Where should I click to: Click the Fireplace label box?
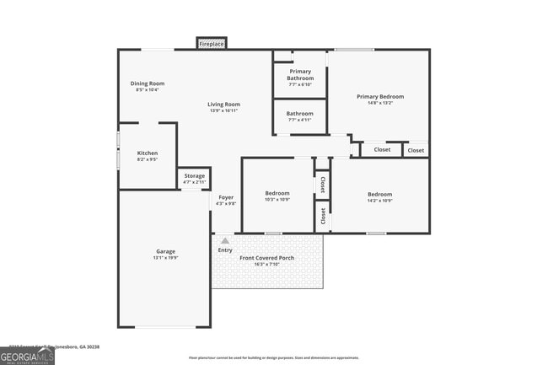[x=212, y=43]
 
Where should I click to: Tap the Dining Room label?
[x=148, y=83]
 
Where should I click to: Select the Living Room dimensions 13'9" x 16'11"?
[x=224, y=110]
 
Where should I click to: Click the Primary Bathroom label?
[x=300, y=75]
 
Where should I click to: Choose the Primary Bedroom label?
[x=379, y=97]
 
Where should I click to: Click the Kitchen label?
[x=148, y=153]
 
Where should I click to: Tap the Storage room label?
[x=194, y=175]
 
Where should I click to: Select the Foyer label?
[x=226, y=197]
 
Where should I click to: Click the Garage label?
[x=165, y=251]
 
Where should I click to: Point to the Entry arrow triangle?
[x=225, y=241]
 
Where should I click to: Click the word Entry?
[x=225, y=250]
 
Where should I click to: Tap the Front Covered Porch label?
[x=266, y=257]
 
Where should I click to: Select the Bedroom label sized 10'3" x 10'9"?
[x=277, y=193]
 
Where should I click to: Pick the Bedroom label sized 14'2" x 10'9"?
[x=379, y=194]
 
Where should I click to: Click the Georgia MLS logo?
[x=27, y=357]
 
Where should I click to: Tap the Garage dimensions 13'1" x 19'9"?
[x=165, y=257]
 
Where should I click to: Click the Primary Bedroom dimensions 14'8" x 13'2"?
[x=379, y=104]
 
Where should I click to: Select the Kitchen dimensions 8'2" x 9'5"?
[x=148, y=159]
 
